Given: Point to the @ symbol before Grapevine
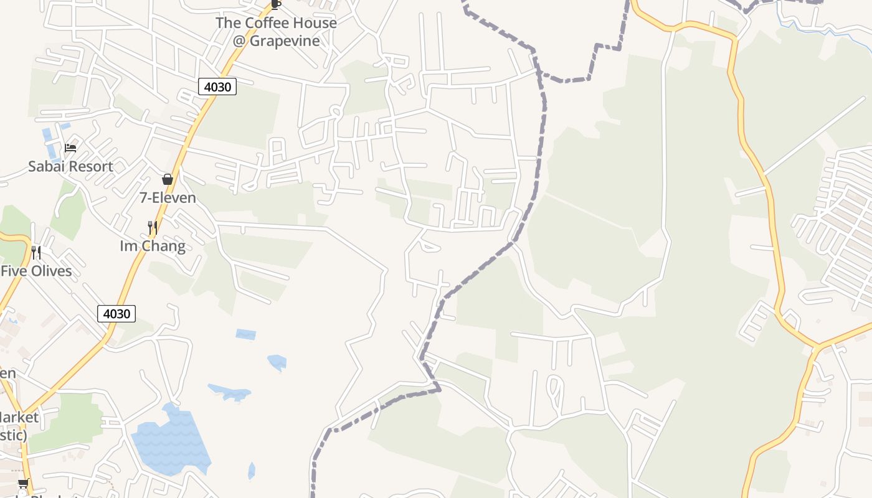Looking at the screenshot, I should click(239, 41).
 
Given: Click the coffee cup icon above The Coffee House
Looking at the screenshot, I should click(276, 4).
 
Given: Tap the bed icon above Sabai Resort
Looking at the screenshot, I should click(70, 148).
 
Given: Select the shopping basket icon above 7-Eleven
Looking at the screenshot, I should click(167, 179).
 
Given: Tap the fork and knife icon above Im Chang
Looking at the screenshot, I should click(152, 227).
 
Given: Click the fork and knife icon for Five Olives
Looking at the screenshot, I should click(36, 252).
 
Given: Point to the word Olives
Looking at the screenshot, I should click(49, 271).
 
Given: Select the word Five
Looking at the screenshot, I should click(11, 271).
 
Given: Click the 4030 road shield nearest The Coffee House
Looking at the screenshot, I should click(217, 87).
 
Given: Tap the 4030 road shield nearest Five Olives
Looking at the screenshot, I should click(116, 313).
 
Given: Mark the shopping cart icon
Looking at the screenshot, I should click(23, 483).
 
